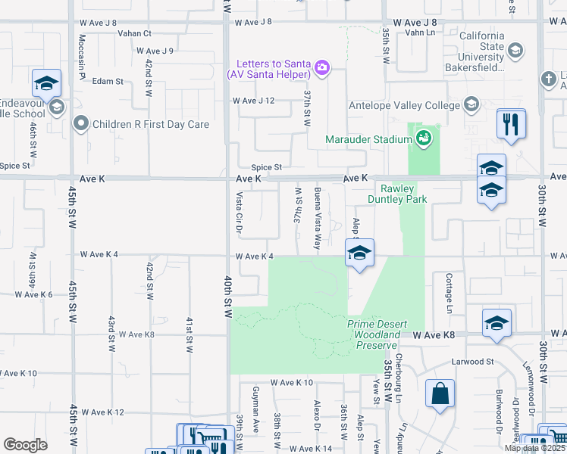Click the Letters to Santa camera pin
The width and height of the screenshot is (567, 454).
322,69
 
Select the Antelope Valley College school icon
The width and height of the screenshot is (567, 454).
471,104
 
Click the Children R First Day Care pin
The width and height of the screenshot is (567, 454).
80,123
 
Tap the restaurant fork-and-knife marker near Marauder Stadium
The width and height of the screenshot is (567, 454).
512,123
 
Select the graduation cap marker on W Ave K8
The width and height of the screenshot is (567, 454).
497,322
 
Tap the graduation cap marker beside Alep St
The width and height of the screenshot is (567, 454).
359,253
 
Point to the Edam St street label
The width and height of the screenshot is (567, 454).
108,81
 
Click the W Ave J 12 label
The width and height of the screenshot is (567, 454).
253,101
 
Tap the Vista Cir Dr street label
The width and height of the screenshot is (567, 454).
239,213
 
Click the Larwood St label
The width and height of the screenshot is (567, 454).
474,362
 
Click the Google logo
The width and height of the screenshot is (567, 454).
26,445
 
